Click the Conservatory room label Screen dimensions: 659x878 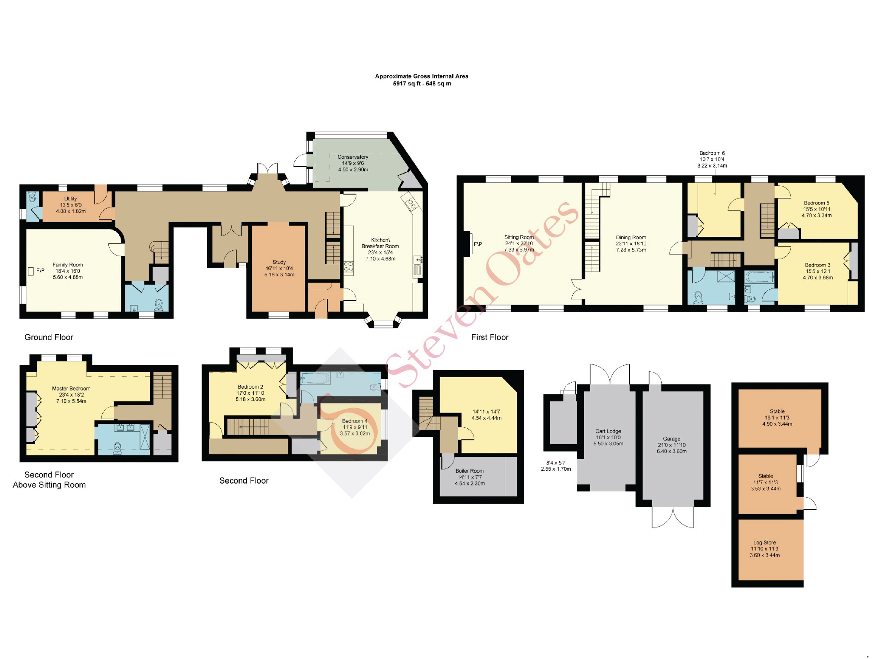click(353, 157)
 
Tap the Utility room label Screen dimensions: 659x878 click(71, 199)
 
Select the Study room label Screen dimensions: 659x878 click(279, 262)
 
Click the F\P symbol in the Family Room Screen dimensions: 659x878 click(40, 271)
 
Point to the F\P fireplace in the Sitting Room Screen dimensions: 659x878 click(477, 244)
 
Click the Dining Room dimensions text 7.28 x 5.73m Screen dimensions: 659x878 click(631, 250)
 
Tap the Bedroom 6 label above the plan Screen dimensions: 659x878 click(712, 153)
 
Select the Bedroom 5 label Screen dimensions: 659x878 click(816, 203)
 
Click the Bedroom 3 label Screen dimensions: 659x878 click(817, 265)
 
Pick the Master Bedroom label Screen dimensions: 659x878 click(71, 388)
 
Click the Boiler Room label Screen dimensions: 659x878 click(470, 471)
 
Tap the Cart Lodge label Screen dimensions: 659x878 click(608, 431)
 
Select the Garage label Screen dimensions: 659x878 click(671, 439)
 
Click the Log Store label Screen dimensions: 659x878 click(764, 542)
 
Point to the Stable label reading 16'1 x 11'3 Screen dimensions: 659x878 click(777, 411)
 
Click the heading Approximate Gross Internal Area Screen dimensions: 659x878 click(421, 76)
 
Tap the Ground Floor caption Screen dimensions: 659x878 click(49, 337)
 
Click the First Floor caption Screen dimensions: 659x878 click(490, 337)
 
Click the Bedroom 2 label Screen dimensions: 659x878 click(250, 387)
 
